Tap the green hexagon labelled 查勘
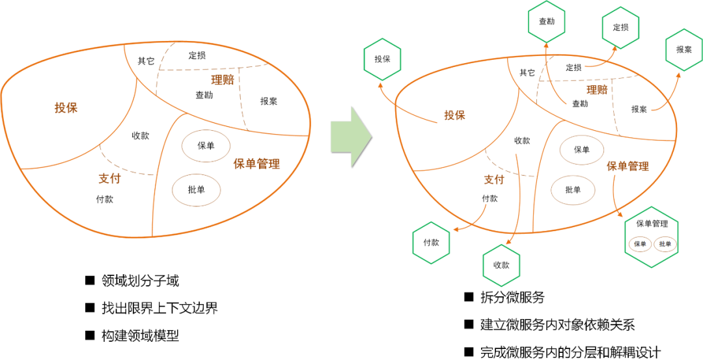[547, 21]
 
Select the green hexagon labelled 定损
[620, 27]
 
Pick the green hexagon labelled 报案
[683, 49]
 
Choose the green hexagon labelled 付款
[431, 242]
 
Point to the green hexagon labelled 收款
[501, 265]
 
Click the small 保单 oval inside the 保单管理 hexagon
[640, 244]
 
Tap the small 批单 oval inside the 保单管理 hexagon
[665, 244]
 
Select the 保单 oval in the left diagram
[206, 146]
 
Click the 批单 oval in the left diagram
[196, 190]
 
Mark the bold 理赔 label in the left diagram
[223, 80]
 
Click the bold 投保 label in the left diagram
[66, 108]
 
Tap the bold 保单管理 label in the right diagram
[627, 166]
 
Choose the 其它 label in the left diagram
[146, 61]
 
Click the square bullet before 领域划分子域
[90, 281]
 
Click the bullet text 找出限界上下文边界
[159, 308]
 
